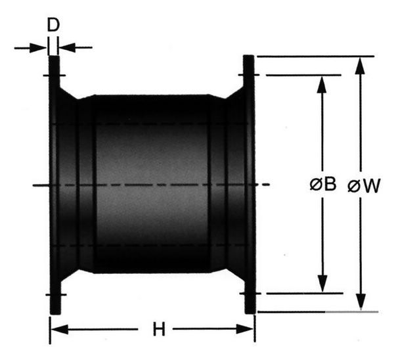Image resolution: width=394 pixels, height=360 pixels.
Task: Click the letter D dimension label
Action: tap(53, 25)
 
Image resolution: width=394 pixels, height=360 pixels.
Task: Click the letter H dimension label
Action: tap(159, 329)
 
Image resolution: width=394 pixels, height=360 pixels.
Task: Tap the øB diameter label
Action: tap(323, 184)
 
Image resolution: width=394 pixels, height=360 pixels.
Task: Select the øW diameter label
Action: tap(364, 186)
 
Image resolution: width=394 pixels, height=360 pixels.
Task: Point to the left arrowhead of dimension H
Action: tap(59, 329)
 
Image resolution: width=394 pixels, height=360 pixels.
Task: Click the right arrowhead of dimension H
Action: tap(245, 329)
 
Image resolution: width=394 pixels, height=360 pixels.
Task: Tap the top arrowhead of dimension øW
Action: tap(361, 66)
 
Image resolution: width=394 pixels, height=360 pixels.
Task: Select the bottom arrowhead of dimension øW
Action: tap(361, 302)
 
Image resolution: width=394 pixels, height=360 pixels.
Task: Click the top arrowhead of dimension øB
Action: tap(322, 85)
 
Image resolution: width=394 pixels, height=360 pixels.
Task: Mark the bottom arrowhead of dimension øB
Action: tap(322, 284)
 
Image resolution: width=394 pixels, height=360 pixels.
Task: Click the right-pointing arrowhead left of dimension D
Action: tap(38, 48)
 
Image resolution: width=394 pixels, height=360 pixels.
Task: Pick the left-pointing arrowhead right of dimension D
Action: tap(68, 47)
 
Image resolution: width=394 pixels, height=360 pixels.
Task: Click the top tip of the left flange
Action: tap(54, 56)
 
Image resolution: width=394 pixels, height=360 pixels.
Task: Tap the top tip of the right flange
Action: tap(249, 56)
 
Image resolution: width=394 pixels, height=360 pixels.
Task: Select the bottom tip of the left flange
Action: tap(55, 314)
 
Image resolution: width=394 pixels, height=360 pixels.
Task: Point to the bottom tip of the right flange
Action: tap(250, 313)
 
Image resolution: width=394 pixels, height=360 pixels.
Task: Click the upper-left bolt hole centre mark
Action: tap(55, 76)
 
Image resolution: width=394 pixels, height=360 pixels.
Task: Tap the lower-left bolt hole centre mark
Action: tap(56, 295)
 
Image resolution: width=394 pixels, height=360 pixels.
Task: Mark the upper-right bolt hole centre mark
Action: tap(249, 75)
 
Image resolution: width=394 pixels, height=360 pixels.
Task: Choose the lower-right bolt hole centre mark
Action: tap(251, 294)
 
